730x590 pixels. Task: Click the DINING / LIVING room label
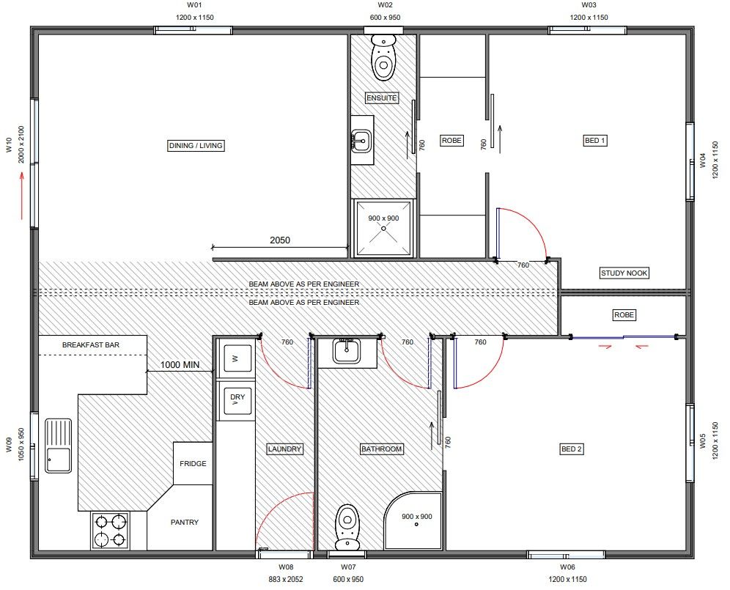196,146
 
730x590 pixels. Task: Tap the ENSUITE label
382,97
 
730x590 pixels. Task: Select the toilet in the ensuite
383,57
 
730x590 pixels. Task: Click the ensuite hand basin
361,140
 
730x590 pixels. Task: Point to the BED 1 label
595,141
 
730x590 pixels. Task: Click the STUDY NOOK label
624,273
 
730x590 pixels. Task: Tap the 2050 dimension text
280,240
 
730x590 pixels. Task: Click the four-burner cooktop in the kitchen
111,531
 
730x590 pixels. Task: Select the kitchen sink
58,446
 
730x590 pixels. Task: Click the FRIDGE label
193,464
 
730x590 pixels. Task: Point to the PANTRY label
185,523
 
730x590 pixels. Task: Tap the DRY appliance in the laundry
237,401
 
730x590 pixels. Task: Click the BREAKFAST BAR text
91,345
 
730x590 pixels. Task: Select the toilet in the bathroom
347,527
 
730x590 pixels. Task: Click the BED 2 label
571,449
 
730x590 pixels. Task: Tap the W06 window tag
567,567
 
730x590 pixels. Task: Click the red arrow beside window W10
21,196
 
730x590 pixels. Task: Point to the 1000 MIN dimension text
180,365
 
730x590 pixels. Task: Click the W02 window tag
385,5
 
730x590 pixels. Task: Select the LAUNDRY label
284,449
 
